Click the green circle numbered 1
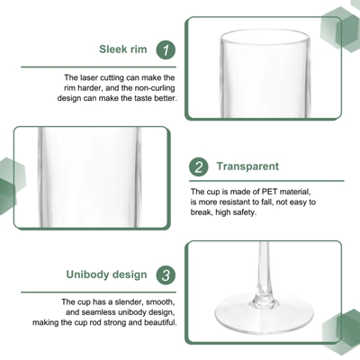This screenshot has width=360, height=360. point(166,49)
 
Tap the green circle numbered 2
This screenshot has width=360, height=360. point(199,166)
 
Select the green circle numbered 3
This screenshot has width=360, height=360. point(166,275)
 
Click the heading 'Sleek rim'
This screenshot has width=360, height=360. point(123,49)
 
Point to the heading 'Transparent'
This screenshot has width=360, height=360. point(247,166)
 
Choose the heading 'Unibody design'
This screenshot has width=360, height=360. point(107,274)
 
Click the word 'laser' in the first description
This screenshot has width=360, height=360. point(90,78)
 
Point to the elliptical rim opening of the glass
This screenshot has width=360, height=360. point(265,38)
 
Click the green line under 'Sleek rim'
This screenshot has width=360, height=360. point(98,67)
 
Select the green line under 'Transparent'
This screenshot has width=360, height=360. point(266,181)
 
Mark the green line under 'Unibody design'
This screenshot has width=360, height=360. point(98,292)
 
